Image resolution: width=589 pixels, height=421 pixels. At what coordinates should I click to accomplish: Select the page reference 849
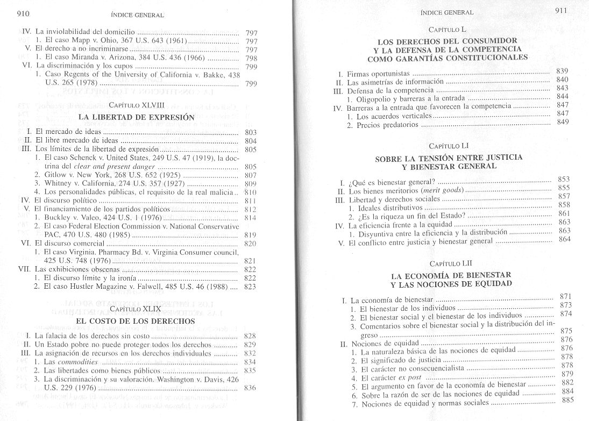coord(563,122)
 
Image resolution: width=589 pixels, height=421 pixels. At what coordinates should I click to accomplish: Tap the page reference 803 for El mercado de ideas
coord(250,132)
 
